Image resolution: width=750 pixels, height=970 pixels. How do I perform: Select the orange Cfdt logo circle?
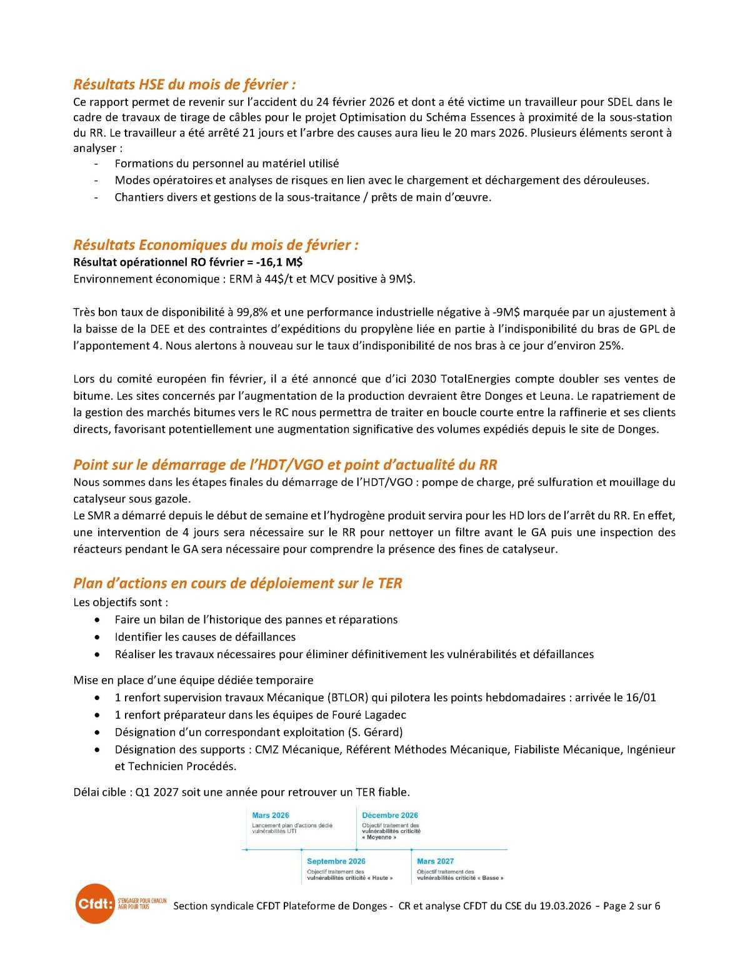[95, 903]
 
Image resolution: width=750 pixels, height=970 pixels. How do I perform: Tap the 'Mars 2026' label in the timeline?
[270, 815]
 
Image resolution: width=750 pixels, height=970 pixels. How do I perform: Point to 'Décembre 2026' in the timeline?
[389, 815]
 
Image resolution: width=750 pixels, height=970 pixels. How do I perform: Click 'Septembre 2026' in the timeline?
[336, 861]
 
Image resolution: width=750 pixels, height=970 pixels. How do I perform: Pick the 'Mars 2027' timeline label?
[435, 861]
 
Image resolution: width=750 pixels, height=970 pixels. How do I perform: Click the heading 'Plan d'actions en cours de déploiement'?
[237, 583]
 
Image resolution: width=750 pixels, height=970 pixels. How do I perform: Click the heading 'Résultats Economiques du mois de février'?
[216, 244]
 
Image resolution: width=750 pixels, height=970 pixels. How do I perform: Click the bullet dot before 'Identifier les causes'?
[97, 637]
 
